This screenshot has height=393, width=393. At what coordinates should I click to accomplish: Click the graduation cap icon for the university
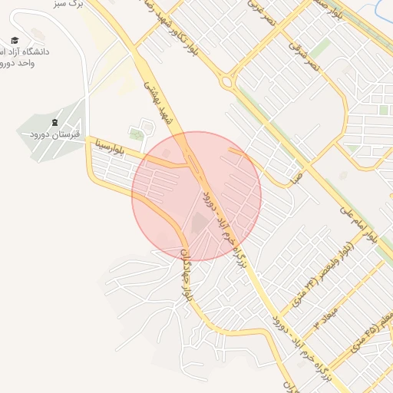point(15,41)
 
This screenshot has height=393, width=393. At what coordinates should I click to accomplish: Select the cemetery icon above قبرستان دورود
point(54,123)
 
